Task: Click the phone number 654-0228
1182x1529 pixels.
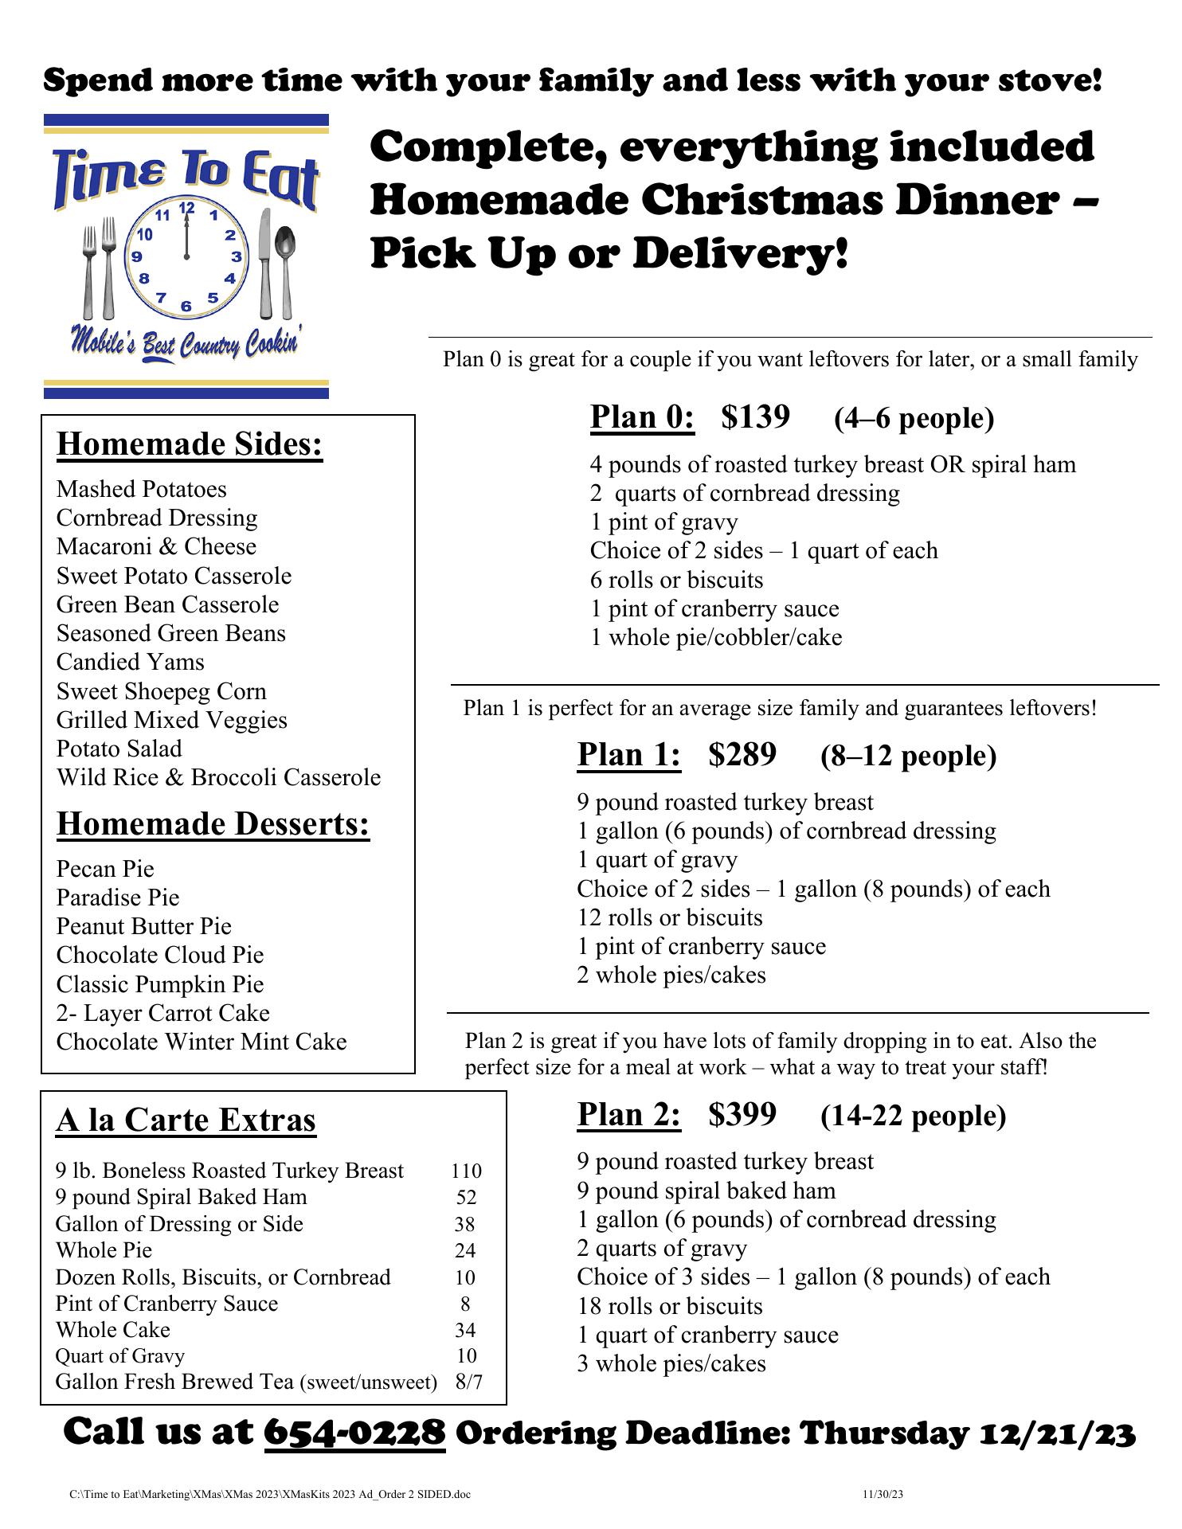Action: pos(354,1433)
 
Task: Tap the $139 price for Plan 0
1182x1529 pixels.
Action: pos(755,416)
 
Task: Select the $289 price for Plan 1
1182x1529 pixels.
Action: pos(742,754)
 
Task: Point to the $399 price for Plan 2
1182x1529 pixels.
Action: pos(742,1114)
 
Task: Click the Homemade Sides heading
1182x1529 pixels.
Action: pos(190,444)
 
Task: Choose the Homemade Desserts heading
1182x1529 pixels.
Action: pos(213,824)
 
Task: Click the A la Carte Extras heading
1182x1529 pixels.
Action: pos(186,1120)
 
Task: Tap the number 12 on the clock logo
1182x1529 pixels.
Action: pos(187,209)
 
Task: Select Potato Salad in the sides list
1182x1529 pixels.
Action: pos(119,749)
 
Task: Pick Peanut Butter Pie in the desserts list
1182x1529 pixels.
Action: pos(143,926)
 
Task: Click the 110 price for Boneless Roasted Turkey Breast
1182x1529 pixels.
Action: pos(466,1171)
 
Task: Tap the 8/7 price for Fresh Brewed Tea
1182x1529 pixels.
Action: pos(468,1382)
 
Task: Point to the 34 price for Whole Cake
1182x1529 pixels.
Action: pos(465,1330)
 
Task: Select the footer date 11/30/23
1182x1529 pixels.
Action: pos(883,1494)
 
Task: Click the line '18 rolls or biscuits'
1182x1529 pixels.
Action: pos(669,1306)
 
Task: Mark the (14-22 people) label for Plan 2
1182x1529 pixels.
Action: pos(913,1116)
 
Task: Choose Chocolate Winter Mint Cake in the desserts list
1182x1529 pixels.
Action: pos(202,1042)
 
